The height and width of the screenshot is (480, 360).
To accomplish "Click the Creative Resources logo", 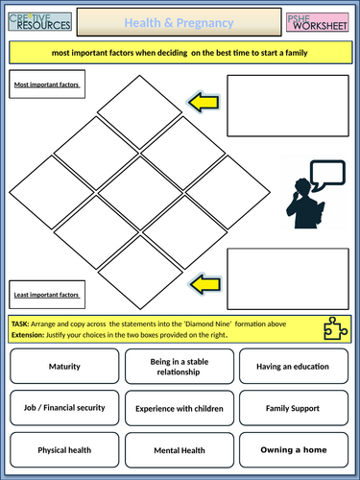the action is point(40,22).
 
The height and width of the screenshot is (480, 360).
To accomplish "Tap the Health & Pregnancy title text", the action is point(179,23).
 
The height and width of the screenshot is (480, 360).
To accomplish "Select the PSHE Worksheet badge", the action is point(318,22).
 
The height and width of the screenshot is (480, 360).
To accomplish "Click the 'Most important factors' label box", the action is point(47,84).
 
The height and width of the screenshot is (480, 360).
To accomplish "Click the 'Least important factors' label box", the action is point(47,295).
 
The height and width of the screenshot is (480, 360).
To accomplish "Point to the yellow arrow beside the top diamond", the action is point(204,103).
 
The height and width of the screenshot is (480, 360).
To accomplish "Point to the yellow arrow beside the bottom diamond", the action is point(205,284).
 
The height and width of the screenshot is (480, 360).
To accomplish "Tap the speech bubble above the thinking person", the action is point(327,175).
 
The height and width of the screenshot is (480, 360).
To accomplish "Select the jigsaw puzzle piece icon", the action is point(335,328).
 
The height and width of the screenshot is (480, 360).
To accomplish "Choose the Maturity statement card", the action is point(64,366).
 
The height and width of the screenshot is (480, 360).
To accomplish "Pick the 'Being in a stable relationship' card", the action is point(180,367).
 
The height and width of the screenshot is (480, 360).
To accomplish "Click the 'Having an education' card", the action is point(294,366).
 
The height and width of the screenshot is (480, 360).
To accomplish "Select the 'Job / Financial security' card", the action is point(64,408).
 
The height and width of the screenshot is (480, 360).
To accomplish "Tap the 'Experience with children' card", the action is point(180,408).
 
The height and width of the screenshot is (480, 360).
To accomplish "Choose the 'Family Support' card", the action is point(294,408).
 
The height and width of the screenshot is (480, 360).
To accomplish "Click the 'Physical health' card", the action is point(64,450).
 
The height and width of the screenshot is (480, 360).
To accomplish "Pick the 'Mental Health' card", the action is point(180,450).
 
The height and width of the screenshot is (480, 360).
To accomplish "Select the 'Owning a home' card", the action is point(294,450).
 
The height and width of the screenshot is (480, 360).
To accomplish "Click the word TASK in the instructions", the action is point(20,324).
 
